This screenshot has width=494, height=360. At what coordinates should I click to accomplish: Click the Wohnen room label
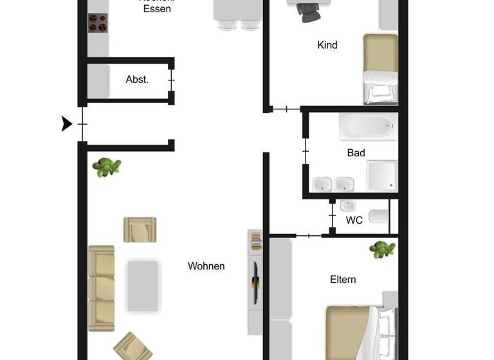(x=206, y=265)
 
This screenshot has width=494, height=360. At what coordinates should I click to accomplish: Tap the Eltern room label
(x=343, y=280)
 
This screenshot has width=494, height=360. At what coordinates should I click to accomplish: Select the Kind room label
(x=327, y=45)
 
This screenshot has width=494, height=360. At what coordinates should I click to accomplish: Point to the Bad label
(x=356, y=152)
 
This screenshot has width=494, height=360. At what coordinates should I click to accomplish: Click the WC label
(x=354, y=220)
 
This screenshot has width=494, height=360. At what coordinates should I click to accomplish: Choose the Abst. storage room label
(x=137, y=80)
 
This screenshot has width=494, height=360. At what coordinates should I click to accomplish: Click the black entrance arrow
(x=66, y=123)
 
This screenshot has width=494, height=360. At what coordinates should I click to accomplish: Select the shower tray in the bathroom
(x=381, y=175)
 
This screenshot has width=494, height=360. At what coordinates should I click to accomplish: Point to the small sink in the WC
(x=348, y=206)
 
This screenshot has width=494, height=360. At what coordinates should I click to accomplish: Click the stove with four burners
(x=97, y=23)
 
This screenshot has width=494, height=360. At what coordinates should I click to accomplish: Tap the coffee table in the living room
(x=142, y=285)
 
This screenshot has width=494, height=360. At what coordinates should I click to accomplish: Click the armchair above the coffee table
(x=140, y=229)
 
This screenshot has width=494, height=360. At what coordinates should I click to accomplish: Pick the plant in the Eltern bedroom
(x=382, y=249)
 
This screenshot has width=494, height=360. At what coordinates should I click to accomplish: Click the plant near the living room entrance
(x=106, y=167)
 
